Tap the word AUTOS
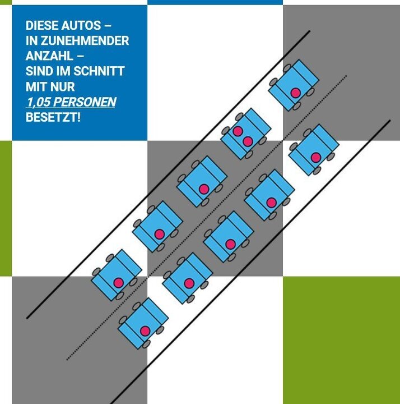[83, 26]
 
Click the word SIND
[39, 72]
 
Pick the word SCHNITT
[100, 72]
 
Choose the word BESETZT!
[53, 118]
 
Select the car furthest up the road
[294, 85]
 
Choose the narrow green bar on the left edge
[6, 208]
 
